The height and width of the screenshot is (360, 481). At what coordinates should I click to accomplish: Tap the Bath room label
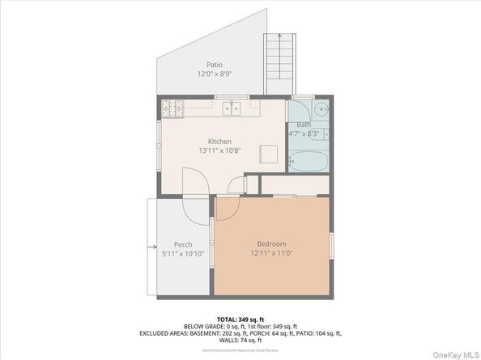[x=303, y=125]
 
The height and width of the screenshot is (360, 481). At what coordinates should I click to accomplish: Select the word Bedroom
[x=271, y=244]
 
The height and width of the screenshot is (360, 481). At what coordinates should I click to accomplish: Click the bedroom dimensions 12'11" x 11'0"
[x=271, y=253]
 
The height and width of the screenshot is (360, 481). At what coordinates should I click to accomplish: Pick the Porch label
[x=183, y=244]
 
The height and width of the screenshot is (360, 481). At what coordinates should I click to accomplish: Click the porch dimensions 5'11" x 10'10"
[x=183, y=254]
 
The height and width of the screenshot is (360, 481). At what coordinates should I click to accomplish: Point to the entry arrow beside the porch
[x=151, y=247]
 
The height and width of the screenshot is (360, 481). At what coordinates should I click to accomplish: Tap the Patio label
[x=214, y=65]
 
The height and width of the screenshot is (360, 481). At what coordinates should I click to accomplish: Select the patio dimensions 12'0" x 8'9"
[x=214, y=74]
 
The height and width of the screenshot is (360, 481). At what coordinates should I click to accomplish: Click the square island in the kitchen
[x=268, y=153]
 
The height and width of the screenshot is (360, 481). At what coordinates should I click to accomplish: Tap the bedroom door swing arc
[x=226, y=208]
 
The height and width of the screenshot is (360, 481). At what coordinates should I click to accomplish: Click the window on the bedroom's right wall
[x=331, y=246]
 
